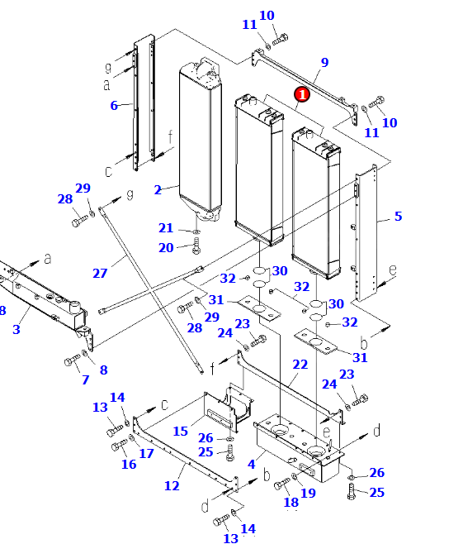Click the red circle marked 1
(302, 94)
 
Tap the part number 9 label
(324, 63)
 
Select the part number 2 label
(158, 190)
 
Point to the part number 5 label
(399, 216)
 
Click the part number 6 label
(114, 105)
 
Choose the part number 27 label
(100, 273)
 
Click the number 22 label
(300, 365)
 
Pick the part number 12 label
(172, 486)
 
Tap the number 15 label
(181, 432)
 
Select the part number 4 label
(252, 464)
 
